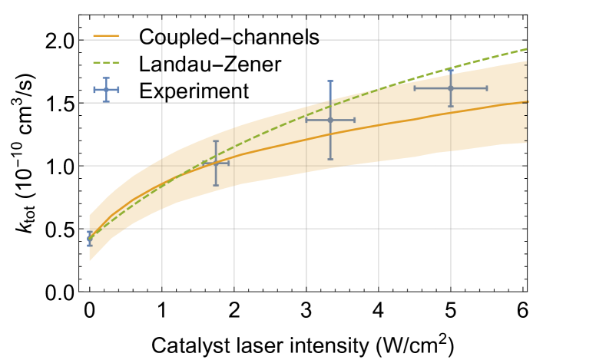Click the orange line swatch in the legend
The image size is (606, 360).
pyautogui.click(x=106, y=35)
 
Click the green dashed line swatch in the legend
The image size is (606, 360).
pyautogui.click(x=106, y=62)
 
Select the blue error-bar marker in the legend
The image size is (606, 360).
pyautogui.click(x=106, y=90)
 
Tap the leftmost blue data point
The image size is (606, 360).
pyautogui.click(x=90, y=238)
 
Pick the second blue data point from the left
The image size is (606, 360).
pyautogui.click(x=216, y=163)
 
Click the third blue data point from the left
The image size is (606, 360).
pyautogui.click(x=330, y=120)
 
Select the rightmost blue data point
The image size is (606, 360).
pyautogui.click(x=451, y=88)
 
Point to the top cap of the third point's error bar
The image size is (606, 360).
pyautogui.click(x=330, y=81)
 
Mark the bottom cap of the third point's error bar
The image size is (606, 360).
pyautogui.click(x=330, y=159)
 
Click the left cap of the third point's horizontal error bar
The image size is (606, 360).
pyautogui.click(x=306, y=120)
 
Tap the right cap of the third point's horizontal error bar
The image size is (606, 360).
pyautogui.click(x=355, y=120)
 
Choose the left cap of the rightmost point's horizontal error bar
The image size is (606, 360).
pyautogui.click(x=415, y=88)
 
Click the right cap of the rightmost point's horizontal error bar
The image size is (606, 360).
pyautogui.click(x=487, y=88)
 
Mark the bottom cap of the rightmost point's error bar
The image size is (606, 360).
pyautogui.click(x=451, y=106)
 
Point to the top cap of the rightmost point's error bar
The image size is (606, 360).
pyautogui.click(x=451, y=71)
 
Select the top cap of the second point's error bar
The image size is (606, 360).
pyautogui.click(x=216, y=141)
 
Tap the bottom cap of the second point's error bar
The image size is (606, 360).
pyautogui.click(x=216, y=185)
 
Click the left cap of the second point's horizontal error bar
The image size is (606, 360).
pyautogui.click(x=204, y=163)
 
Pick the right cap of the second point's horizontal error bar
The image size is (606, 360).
pyautogui.click(x=228, y=163)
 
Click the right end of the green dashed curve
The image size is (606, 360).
pyautogui.click(x=526, y=49)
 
